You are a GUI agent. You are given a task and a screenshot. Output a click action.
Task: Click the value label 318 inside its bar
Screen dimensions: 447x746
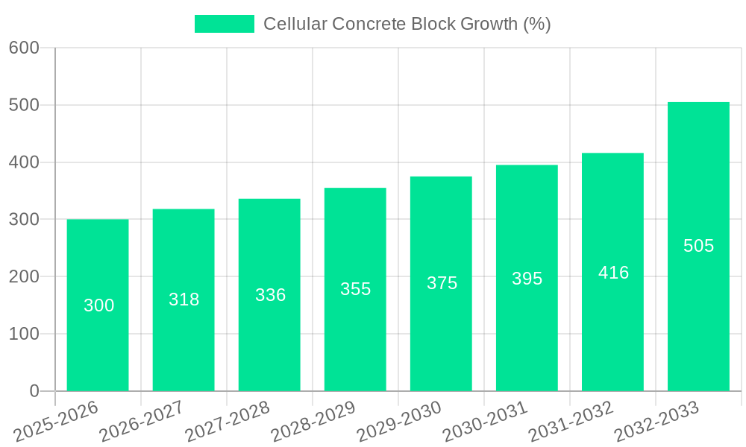184,299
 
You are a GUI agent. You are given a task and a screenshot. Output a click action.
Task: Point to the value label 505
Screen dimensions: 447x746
698,246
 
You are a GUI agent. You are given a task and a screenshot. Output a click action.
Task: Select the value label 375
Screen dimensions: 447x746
442,283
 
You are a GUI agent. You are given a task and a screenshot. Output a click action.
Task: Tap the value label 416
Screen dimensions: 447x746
613,273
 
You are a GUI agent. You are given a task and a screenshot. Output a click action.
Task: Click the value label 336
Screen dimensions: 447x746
270,295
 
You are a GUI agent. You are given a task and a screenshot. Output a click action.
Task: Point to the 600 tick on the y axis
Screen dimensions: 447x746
24,48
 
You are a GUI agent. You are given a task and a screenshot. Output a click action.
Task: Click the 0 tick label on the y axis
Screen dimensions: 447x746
34,391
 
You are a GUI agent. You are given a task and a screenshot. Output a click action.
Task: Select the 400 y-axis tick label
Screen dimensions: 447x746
24,162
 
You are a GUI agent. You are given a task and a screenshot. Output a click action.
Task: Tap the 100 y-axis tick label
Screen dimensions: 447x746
24,334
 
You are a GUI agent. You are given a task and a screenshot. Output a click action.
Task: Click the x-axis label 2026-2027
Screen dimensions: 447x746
142,420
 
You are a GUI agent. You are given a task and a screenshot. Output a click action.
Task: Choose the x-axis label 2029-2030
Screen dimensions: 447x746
399,420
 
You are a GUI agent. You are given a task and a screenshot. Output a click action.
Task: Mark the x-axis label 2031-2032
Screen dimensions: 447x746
571,420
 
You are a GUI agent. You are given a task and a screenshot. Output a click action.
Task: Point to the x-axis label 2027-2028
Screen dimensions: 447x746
228,420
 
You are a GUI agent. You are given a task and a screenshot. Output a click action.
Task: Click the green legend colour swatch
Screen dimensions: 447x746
224,24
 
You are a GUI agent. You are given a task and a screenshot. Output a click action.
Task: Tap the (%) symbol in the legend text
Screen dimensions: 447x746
536,24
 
